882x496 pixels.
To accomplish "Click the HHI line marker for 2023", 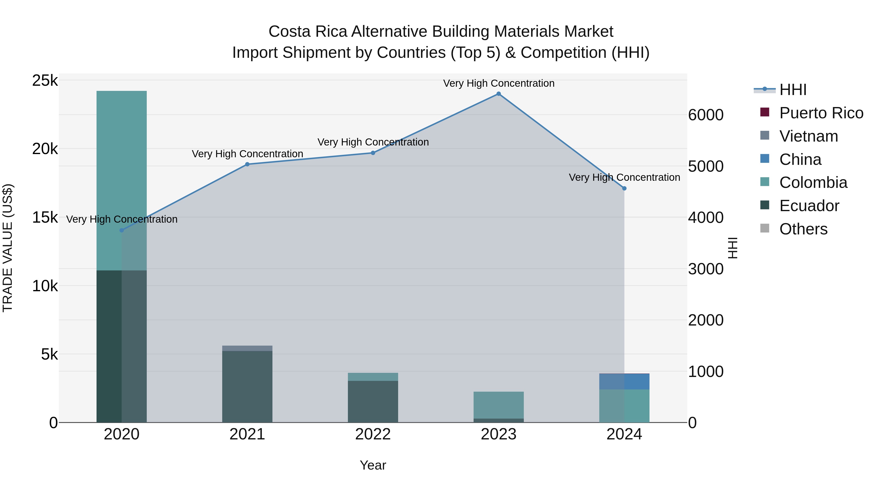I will click(499, 94).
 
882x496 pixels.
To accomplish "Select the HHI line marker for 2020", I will click(122, 230).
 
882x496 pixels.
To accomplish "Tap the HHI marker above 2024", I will click(624, 188).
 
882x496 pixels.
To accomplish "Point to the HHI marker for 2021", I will click(247, 164).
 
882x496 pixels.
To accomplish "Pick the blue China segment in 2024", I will click(624, 381).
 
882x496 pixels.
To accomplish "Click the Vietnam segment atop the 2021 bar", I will click(247, 348).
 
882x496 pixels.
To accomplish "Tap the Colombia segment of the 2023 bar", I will click(499, 405).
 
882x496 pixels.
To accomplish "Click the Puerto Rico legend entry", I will click(821, 113).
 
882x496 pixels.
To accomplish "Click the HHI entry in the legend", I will click(793, 90).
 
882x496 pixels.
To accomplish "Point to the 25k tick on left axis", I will click(45, 81).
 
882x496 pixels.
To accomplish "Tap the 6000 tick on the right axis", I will click(706, 115).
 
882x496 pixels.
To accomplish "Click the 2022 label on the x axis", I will click(373, 434).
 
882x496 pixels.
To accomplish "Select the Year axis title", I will click(373, 465).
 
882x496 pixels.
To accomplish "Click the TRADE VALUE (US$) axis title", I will click(8, 248).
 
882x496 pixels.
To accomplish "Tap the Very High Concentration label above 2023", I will click(499, 83).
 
